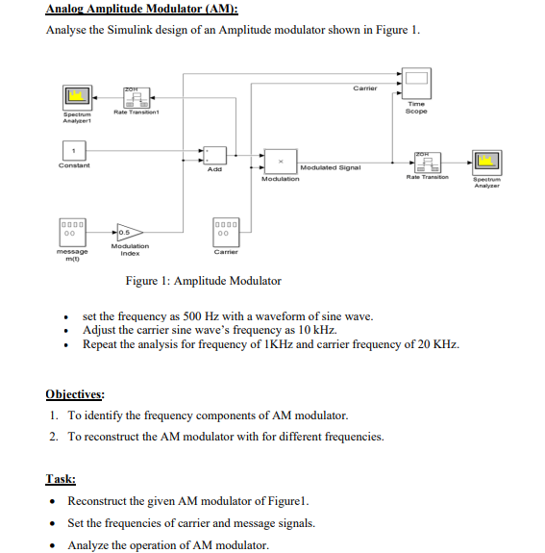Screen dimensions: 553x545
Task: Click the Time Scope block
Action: pyautogui.click(x=415, y=83)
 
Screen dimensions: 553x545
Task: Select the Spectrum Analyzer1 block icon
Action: pyautogui.click(x=76, y=95)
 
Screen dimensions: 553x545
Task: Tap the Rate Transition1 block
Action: pyautogui.click(x=136, y=96)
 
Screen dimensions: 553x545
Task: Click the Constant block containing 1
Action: pyautogui.click(x=73, y=151)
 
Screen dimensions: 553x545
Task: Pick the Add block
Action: pyautogui.click(x=214, y=155)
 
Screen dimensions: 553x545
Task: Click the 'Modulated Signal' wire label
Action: pyautogui.click(x=330, y=167)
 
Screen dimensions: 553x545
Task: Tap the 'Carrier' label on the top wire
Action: pyautogui.click(x=364, y=88)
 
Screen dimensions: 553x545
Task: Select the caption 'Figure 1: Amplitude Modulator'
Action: pyautogui.click(x=203, y=281)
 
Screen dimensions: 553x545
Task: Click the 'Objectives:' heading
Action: pyautogui.click(x=75, y=394)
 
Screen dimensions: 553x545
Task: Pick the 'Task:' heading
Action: pyautogui.click(x=61, y=478)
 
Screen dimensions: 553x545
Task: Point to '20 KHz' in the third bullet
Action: pyautogui.click(x=439, y=344)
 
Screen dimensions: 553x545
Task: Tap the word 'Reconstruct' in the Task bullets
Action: pyautogui.click(x=97, y=502)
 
